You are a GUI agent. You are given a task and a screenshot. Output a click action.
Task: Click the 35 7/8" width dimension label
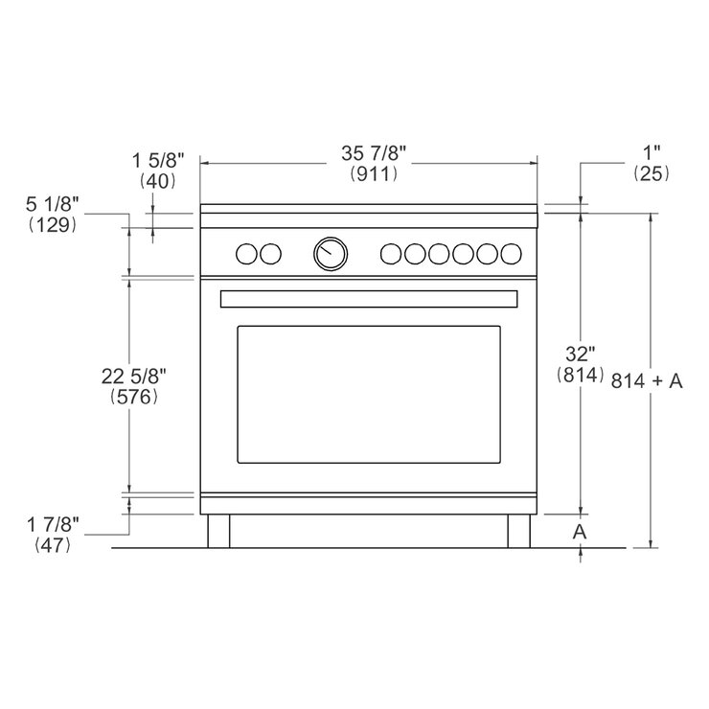coord(369,153)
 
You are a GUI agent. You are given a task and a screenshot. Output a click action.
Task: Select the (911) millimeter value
coord(369,173)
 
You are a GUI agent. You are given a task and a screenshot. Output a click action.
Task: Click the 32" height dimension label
coord(579,354)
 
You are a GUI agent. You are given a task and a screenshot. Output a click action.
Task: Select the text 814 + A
coord(647,381)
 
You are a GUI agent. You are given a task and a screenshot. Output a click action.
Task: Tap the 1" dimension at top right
coord(652,151)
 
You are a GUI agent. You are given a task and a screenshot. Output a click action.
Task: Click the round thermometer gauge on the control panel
coord(331,253)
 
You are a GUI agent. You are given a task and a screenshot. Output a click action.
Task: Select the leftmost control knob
coord(247,253)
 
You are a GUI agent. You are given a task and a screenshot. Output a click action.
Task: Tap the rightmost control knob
coord(513,253)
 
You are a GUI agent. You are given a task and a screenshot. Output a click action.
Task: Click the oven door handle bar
coord(369,299)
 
